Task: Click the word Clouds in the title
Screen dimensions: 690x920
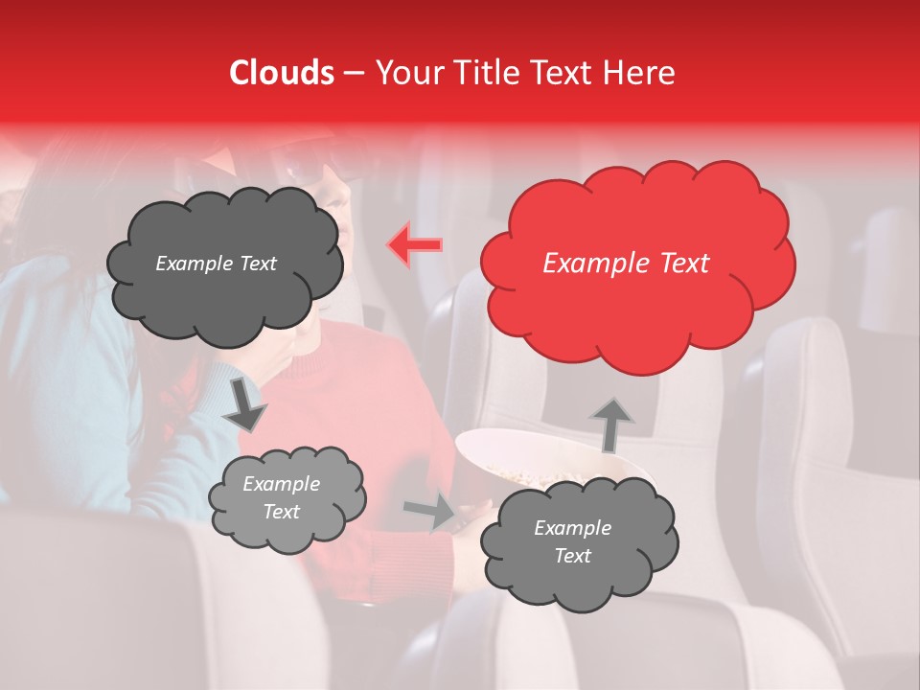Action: point(282,73)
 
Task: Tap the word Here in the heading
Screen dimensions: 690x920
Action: point(639,73)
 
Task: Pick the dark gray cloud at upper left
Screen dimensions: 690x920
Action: point(222,264)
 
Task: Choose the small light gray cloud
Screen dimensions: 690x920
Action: point(286,498)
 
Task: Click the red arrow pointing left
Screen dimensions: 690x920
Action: point(414,245)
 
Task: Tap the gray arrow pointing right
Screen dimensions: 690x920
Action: point(428,511)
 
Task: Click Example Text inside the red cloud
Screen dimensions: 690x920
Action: point(626,264)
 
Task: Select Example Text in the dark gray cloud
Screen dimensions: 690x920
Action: point(216,264)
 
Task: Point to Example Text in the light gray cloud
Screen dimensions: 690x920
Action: point(281,498)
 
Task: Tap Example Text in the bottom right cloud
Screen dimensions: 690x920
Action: point(572,541)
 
